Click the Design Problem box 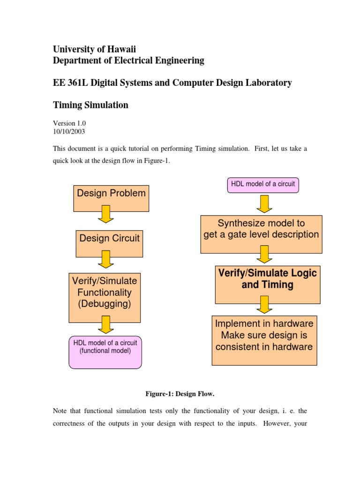coord(111,198)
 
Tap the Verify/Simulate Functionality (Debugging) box coord(105,298)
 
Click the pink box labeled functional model coord(105,352)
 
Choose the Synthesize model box coord(261,234)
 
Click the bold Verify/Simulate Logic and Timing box coord(268,284)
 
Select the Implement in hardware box coord(264,340)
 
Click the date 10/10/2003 coord(69,132)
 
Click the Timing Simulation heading coord(90,105)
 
